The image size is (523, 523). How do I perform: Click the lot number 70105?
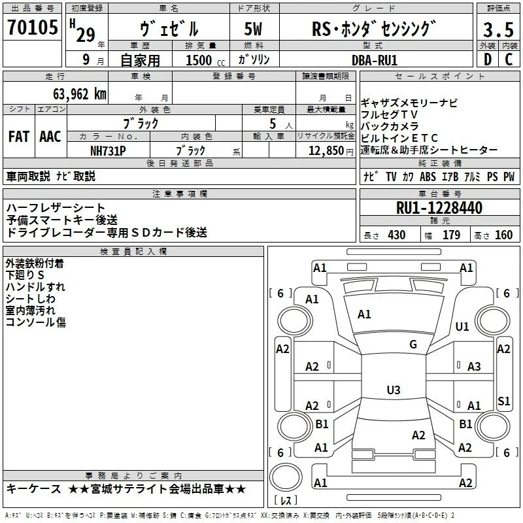pyautogui.click(x=33, y=27)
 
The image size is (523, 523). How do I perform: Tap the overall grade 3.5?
pyautogui.click(x=498, y=29)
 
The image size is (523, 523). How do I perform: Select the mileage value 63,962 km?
pyautogui.click(x=80, y=94)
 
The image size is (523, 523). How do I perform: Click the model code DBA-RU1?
pyautogui.click(x=375, y=60)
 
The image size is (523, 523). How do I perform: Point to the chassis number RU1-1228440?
pyautogui.click(x=439, y=208)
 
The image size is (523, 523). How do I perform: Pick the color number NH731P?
pyautogui.click(x=108, y=151)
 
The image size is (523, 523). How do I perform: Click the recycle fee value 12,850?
pyautogui.click(x=326, y=151)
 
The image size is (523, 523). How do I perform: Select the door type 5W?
pyautogui.click(x=253, y=29)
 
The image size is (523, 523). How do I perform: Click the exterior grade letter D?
pyautogui.click(x=488, y=59)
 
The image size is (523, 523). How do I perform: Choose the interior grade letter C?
pyautogui.click(x=509, y=59)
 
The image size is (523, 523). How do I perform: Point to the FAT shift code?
pyautogui.click(x=19, y=137)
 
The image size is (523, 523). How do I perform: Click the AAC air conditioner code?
pyautogui.click(x=50, y=137)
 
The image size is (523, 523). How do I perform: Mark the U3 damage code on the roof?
pyautogui.click(x=394, y=390)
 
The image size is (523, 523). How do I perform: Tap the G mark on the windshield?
pyautogui.click(x=413, y=345)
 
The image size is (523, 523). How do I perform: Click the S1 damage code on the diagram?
pyautogui.click(x=503, y=401)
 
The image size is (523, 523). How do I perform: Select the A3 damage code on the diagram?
pyautogui.click(x=474, y=367)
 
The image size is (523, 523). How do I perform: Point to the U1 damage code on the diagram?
pyautogui.click(x=462, y=326)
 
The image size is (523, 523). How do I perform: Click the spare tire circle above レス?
pyautogui.click(x=286, y=477)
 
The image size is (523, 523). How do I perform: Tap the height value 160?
pyautogui.click(x=503, y=235)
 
